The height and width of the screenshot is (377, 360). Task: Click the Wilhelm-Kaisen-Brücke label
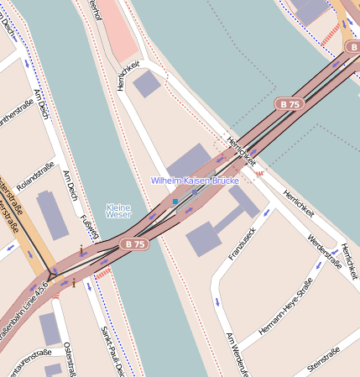(195, 181)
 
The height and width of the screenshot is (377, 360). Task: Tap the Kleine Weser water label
(118, 212)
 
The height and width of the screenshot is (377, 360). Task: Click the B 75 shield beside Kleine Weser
(135, 243)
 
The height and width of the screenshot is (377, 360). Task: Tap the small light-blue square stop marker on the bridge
(175, 202)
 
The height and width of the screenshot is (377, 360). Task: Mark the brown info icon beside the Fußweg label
(81, 249)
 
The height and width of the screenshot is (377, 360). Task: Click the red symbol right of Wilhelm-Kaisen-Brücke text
(260, 174)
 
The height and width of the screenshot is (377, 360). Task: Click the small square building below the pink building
(146, 83)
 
